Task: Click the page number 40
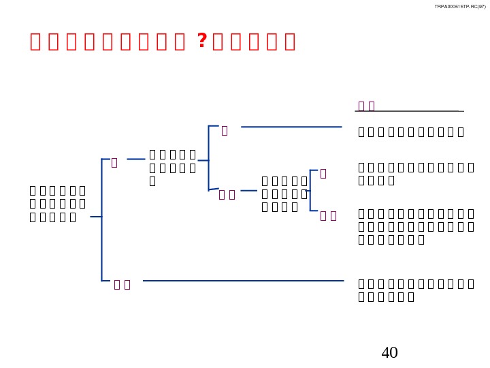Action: tap(389, 352)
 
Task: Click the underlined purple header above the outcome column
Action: tap(367, 106)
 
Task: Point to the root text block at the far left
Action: tap(58, 203)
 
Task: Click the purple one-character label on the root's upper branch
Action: tap(114, 163)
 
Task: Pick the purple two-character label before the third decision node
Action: tap(227, 196)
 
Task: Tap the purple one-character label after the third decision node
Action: tap(323, 174)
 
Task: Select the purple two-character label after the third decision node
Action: tap(329, 216)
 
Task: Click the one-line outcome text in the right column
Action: tap(411, 132)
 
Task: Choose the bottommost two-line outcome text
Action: tap(415, 290)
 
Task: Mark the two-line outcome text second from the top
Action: tap(415, 174)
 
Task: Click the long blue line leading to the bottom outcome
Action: tap(242, 280)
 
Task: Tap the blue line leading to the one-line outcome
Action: tap(291, 127)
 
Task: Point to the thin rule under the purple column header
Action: tap(410, 111)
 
